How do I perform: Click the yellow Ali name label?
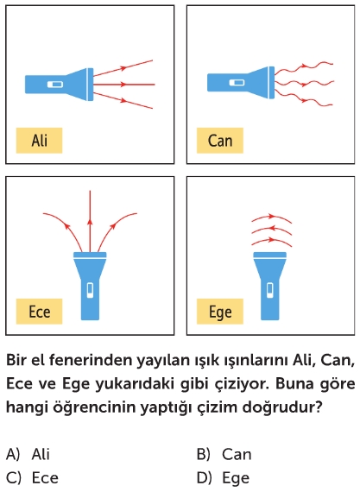click(39, 140)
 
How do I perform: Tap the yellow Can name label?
click(220, 140)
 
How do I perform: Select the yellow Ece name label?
click(39, 312)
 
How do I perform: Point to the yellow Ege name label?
click(220, 312)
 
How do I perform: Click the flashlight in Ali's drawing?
click(59, 85)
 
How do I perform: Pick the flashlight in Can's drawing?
click(241, 83)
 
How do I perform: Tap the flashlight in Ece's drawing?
click(90, 286)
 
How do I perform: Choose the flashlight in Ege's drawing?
click(270, 286)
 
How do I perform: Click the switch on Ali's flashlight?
click(55, 85)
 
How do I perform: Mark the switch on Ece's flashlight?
click(90, 290)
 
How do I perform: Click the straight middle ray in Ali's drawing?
click(124, 85)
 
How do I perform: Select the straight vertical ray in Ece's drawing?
click(90, 221)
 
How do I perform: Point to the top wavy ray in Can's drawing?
click(304, 66)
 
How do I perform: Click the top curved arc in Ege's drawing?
click(272, 216)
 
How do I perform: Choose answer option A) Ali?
click(28, 454)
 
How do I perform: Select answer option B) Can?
click(224, 454)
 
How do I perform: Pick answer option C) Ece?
click(32, 477)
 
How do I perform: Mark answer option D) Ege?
click(223, 478)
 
